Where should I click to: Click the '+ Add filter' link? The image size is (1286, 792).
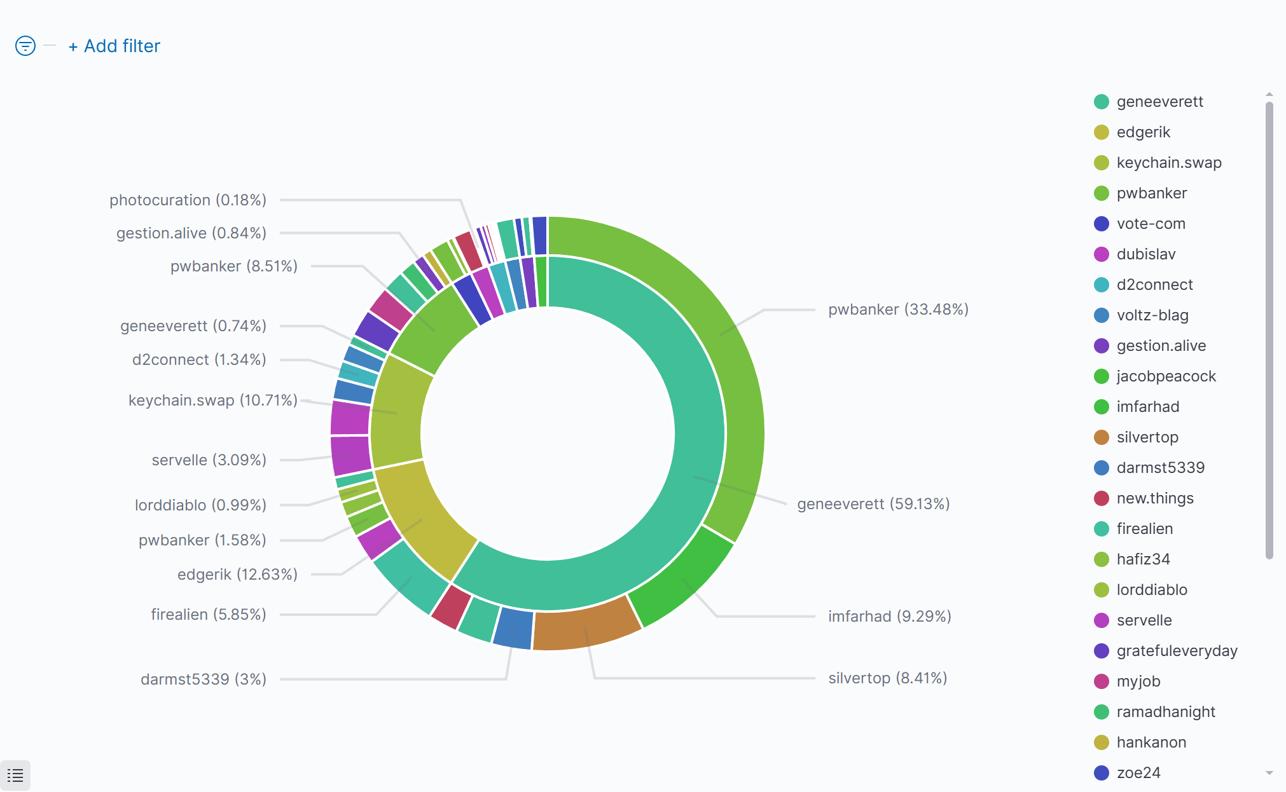(x=114, y=46)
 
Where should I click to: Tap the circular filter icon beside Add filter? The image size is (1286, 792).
(x=25, y=46)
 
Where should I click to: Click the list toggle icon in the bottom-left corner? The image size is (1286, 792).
(x=15, y=775)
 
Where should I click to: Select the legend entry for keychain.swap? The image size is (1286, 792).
(x=1168, y=163)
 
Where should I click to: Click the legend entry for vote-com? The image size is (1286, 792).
(x=1151, y=224)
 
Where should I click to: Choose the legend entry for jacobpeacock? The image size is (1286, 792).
(x=1166, y=376)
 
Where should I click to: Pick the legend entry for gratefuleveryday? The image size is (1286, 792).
(x=1177, y=651)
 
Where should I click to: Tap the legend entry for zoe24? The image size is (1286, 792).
(x=1138, y=773)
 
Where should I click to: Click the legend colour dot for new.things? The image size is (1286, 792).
(x=1102, y=498)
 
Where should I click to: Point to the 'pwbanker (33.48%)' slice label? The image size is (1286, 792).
(x=898, y=310)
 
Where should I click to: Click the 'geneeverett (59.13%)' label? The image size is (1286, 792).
(x=873, y=504)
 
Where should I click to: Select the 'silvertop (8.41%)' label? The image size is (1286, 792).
(x=887, y=678)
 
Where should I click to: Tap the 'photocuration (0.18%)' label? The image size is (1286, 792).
(x=188, y=200)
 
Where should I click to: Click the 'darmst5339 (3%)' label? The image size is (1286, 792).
(x=204, y=679)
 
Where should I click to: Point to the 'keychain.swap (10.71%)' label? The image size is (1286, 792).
(x=212, y=400)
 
